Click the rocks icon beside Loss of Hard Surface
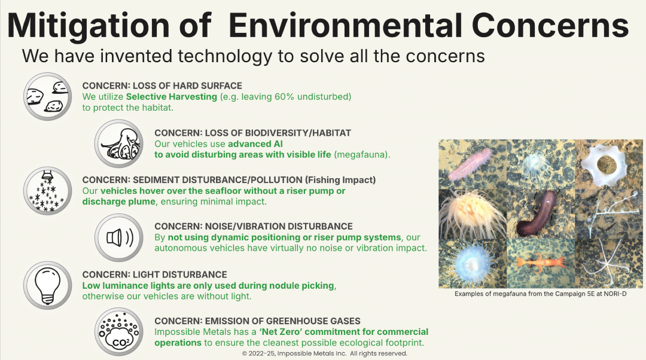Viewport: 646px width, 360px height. [47, 96]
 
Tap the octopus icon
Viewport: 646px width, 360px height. [119, 144]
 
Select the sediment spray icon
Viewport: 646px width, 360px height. [47, 191]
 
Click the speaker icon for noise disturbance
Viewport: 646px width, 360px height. [119, 237]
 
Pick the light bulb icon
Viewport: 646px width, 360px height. [47, 285]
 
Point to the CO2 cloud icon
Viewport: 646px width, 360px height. [119, 332]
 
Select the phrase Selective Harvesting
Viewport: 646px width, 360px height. [172, 97]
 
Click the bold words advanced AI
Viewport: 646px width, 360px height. [255, 144]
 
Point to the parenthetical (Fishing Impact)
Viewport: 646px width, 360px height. [340, 180]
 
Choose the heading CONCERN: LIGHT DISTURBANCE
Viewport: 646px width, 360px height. [154, 274]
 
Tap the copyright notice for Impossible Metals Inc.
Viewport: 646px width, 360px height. [325, 353]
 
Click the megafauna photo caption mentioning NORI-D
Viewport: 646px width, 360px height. [541, 294]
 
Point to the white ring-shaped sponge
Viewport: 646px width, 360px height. [605, 164]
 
